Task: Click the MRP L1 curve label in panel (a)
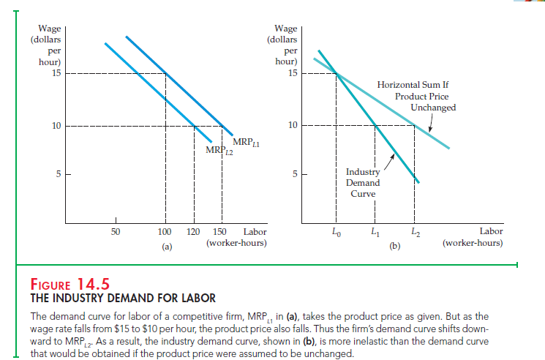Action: (241, 142)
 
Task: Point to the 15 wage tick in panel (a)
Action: (56, 72)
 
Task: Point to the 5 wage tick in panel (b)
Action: (293, 174)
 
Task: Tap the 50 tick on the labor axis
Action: (115, 233)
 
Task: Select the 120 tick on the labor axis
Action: (193, 233)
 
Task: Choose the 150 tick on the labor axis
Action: (219, 233)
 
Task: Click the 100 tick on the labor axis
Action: (165, 233)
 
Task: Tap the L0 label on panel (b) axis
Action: (336, 233)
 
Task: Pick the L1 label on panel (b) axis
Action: (375, 233)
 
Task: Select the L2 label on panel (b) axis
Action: (415, 233)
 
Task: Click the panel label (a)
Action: (166, 247)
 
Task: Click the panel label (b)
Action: (395, 247)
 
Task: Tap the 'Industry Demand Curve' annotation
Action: (363, 182)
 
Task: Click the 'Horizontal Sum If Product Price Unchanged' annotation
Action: (416, 97)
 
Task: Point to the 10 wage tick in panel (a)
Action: (56, 125)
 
